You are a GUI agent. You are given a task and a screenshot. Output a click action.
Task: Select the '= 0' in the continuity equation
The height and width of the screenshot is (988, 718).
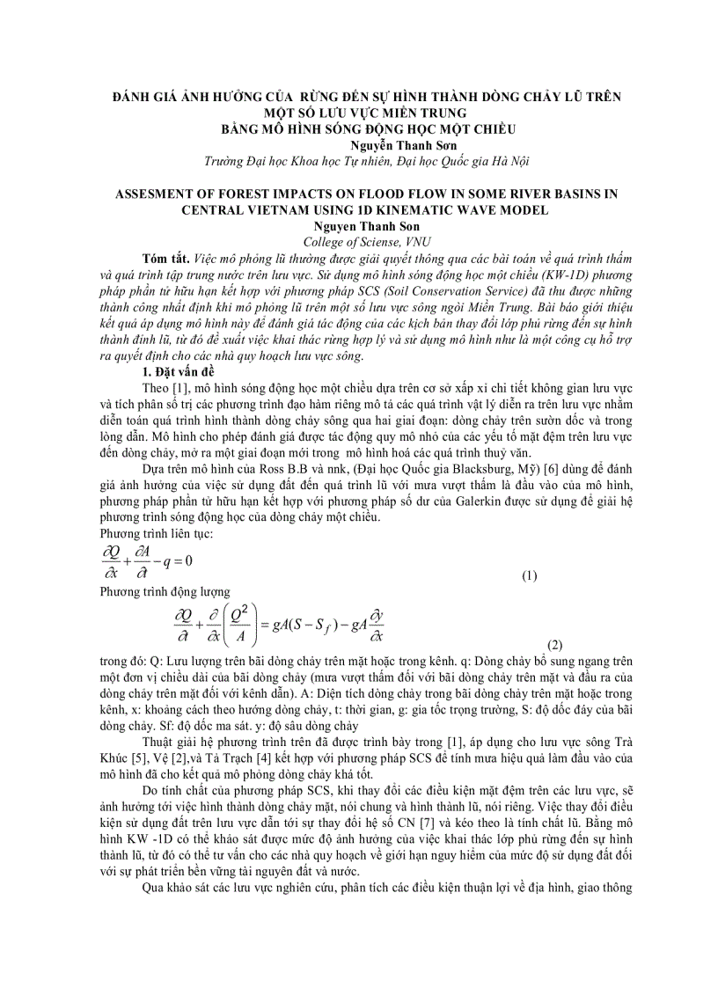click(181, 560)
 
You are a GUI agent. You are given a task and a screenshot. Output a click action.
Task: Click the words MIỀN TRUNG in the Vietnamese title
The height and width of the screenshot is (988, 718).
click(422, 112)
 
